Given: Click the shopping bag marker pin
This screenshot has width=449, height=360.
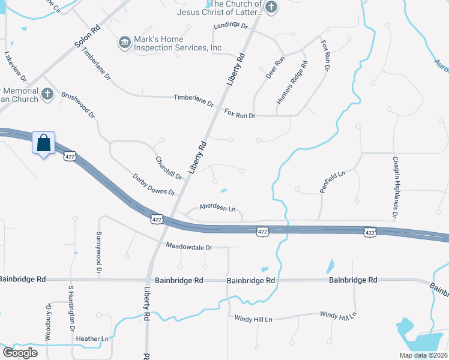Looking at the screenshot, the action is (43, 144).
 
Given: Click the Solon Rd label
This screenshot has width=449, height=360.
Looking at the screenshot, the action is (87, 37).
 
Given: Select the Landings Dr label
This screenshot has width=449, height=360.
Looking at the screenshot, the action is (231, 26).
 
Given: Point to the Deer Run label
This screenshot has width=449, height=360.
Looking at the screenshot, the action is (275, 69).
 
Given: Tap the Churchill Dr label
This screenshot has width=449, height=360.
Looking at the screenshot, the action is (169, 167).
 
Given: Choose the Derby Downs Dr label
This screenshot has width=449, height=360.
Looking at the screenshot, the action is (154, 184).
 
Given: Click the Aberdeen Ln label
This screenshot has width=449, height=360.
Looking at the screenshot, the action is (217, 208).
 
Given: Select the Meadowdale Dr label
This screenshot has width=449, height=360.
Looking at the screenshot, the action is (189, 247).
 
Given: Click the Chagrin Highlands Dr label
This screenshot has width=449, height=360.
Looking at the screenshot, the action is (396, 187).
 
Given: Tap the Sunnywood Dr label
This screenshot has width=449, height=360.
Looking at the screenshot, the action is (99, 251).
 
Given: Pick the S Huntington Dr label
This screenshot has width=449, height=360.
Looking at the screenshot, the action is (71, 310).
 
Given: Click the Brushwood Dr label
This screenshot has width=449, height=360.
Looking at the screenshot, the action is (78, 104).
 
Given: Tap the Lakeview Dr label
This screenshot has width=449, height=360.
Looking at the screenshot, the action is (15, 66).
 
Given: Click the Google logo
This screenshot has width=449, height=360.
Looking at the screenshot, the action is (20, 353).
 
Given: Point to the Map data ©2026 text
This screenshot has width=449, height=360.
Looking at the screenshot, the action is (422, 355).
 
